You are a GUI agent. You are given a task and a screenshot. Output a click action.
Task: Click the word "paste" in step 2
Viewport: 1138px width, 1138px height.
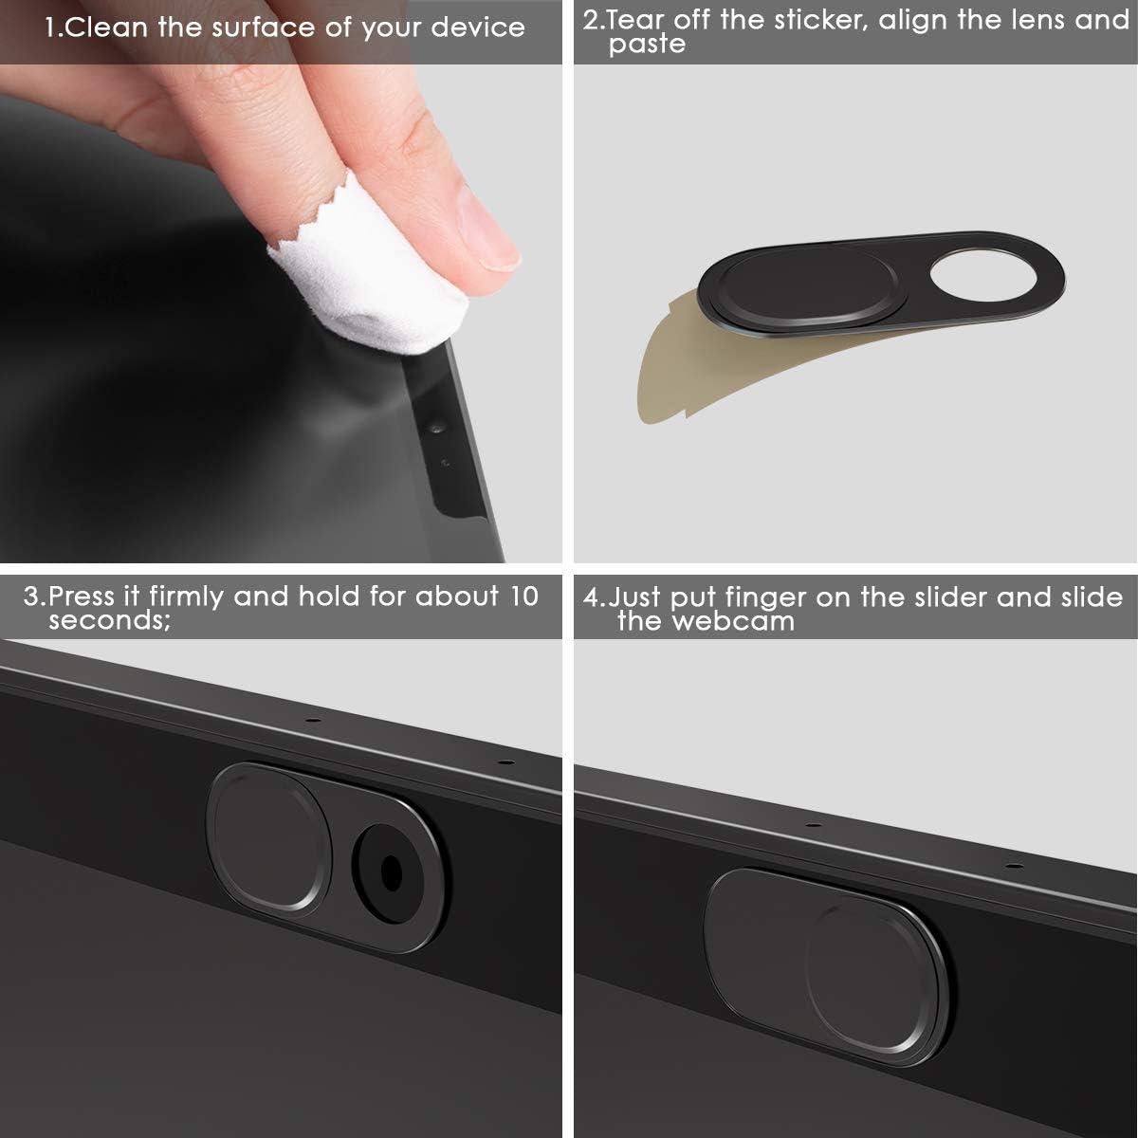647,45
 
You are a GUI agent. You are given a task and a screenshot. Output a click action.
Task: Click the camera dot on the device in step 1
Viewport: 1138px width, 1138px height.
437,430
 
